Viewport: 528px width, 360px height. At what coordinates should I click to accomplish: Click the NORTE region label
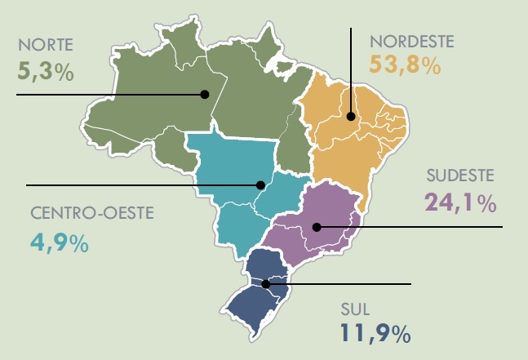point(45,44)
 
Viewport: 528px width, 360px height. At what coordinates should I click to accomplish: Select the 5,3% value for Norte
point(46,70)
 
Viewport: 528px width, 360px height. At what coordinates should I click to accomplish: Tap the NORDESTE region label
point(411,40)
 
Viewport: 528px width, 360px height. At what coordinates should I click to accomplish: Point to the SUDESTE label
point(459,176)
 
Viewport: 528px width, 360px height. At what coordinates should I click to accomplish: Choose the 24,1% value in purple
point(460,202)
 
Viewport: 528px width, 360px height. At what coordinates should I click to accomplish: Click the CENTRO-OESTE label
point(91,216)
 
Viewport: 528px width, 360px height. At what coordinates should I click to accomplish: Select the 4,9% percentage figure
point(59,242)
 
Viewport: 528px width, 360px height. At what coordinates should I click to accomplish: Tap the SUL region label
point(353,309)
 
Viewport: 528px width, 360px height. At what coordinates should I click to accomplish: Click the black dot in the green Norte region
point(205,95)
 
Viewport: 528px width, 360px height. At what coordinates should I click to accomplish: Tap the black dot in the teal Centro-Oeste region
point(261,184)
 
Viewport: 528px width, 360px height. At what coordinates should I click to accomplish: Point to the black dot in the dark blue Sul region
point(266,284)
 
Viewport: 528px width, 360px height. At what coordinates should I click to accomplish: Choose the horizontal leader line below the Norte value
point(106,95)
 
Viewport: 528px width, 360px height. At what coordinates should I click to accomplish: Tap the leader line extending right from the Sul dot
point(343,284)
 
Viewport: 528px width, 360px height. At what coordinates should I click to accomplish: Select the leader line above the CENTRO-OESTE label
point(139,184)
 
